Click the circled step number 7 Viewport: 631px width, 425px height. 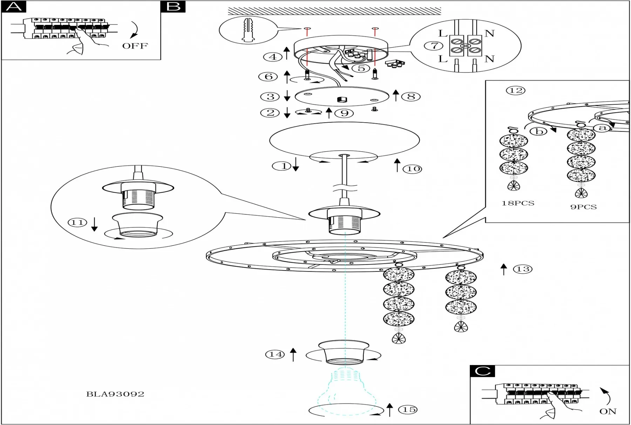[x=434, y=46]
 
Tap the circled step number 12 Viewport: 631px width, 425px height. [x=516, y=91]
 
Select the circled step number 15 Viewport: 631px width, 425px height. [x=409, y=410]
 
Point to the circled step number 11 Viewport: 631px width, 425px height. [x=77, y=222]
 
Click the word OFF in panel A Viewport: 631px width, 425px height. [x=135, y=46]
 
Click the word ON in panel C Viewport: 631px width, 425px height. [x=608, y=411]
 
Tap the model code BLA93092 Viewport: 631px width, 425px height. [x=115, y=394]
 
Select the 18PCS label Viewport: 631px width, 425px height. [x=518, y=203]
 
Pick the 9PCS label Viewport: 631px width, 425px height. [x=583, y=207]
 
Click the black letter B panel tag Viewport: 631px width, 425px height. [x=173, y=7]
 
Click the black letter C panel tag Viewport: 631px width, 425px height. [x=482, y=371]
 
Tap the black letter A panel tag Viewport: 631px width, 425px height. [x=14, y=7]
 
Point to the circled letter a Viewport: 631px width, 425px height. [x=602, y=128]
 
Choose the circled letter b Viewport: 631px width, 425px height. [x=539, y=131]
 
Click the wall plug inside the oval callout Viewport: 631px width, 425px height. [x=248, y=30]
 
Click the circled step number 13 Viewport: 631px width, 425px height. [x=523, y=269]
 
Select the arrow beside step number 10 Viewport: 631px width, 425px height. [x=397, y=165]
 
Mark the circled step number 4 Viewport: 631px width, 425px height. [x=273, y=57]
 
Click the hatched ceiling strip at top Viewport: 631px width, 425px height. [x=334, y=11]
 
